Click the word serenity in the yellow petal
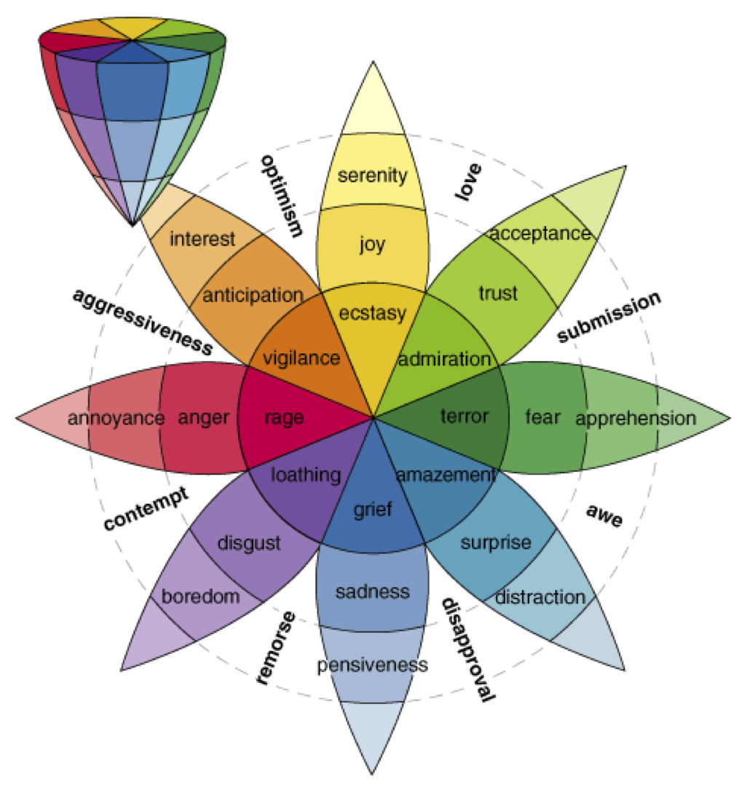pos(373,175)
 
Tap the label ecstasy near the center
pos(373,314)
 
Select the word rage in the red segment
pos(283,418)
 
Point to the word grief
pos(373,509)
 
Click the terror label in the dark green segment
pos(465,417)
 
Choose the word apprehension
pos(635,419)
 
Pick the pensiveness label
pos(373,665)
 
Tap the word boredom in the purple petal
pos(201,597)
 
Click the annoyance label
pos(116,419)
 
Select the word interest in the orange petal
pos(202,239)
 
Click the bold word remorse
pos(277,648)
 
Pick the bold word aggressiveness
pos(142,321)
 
